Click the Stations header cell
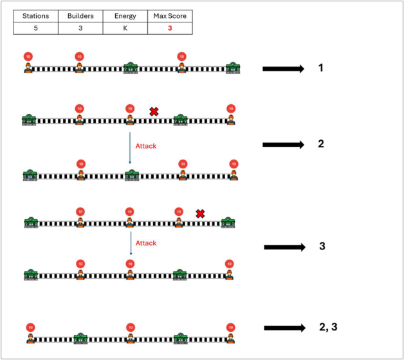[x=35, y=16]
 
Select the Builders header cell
[x=80, y=16]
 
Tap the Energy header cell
[x=125, y=16]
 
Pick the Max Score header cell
[x=170, y=16]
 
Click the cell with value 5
[x=35, y=28]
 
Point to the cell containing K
[x=125, y=28]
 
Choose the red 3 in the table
[x=170, y=28]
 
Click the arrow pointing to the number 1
[x=283, y=68]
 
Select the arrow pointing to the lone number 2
[x=283, y=145]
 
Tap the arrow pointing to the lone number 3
[x=284, y=247]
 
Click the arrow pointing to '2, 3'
[x=284, y=328]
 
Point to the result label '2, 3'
[x=327, y=327]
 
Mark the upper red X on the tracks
[x=154, y=112]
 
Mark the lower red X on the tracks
[x=200, y=213]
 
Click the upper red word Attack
[x=146, y=146]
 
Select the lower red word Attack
[x=146, y=243]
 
